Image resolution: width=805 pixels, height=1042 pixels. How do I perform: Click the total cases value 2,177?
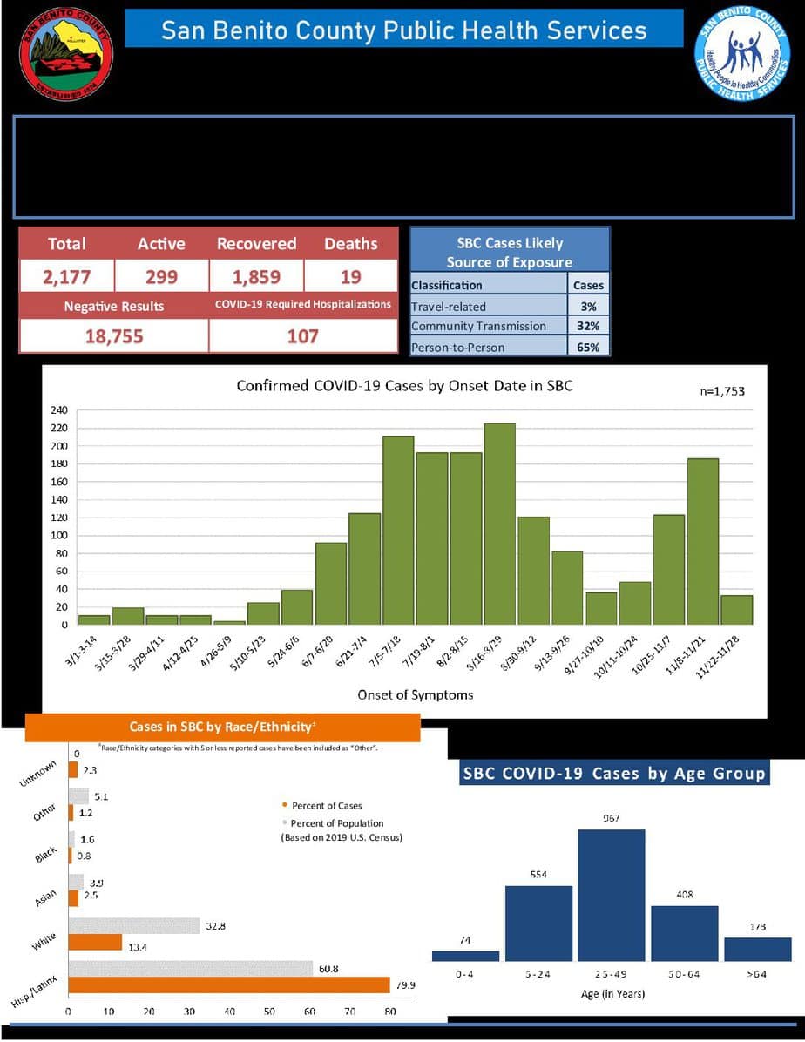click(x=67, y=277)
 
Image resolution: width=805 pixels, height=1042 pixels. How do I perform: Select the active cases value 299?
click(x=161, y=277)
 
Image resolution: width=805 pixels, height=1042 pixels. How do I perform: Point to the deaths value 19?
click(x=351, y=277)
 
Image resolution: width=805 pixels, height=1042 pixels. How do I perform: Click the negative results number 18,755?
click(x=114, y=336)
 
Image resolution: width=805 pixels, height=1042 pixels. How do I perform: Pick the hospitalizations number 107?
click(x=302, y=336)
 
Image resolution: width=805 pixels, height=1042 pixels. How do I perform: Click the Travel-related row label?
click(x=450, y=307)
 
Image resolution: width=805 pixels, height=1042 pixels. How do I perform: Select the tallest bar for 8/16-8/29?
click(x=499, y=524)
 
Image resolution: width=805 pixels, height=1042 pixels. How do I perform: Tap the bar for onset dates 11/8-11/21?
click(x=702, y=541)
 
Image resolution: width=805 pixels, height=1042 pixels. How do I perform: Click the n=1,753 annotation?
click(x=722, y=391)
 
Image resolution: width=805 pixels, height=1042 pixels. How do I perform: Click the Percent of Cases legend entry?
click(x=326, y=806)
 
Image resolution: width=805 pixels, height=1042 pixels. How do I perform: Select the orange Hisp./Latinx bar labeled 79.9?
click(x=229, y=985)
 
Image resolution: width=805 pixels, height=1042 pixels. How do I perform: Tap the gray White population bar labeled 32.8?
click(x=134, y=925)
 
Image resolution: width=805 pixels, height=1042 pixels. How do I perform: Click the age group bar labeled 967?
click(x=612, y=895)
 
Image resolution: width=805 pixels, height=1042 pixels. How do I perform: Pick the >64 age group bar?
click(x=758, y=949)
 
